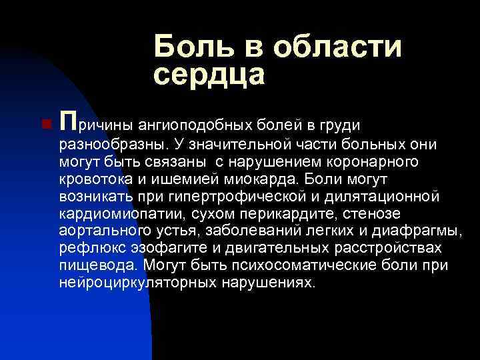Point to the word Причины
(x=97, y=123)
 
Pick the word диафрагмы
(x=419, y=231)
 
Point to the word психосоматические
(x=309, y=266)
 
